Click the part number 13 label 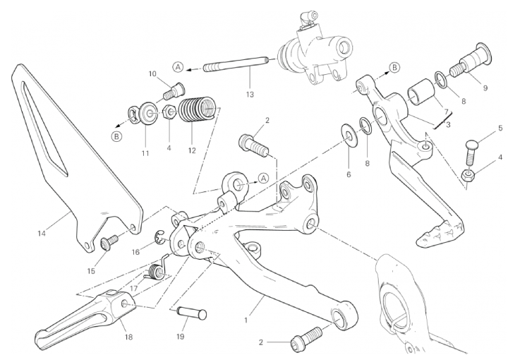[250, 95]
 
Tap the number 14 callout [42, 233]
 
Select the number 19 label [181, 337]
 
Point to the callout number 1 [246, 320]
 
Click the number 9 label [485, 88]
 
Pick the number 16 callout [135, 251]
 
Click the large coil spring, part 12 [197, 110]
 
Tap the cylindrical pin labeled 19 [191, 314]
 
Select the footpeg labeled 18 [86, 313]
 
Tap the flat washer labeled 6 [349, 134]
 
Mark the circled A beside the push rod [178, 67]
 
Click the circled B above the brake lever [394, 67]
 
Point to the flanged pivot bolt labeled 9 [471, 61]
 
